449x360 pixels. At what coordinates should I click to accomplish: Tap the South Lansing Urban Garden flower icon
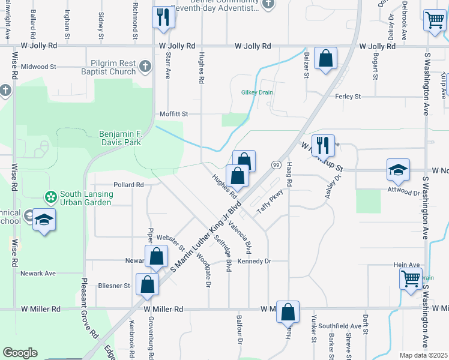(x=51, y=196)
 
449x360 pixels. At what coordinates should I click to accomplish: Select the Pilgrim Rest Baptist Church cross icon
(x=145, y=66)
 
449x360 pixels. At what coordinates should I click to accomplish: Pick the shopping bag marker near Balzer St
(x=325, y=59)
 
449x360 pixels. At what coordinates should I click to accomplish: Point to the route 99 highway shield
(x=277, y=165)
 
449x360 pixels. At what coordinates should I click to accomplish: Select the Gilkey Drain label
(x=257, y=92)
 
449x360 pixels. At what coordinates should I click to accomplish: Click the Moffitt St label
(x=173, y=113)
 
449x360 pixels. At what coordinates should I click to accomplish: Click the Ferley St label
(x=348, y=96)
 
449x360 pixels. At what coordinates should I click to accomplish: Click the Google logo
(x=20, y=353)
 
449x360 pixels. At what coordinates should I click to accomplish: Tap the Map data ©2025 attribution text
(x=423, y=355)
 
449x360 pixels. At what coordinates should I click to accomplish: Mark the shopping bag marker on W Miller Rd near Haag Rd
(x=288, y=312)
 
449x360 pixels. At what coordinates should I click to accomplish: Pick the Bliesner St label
(x=115, y=286)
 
